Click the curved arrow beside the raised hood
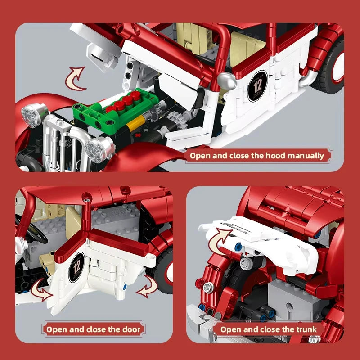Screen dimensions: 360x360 (76, 77)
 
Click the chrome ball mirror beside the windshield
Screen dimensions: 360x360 (226, 81)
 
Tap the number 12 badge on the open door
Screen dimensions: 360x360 (76, 267)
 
